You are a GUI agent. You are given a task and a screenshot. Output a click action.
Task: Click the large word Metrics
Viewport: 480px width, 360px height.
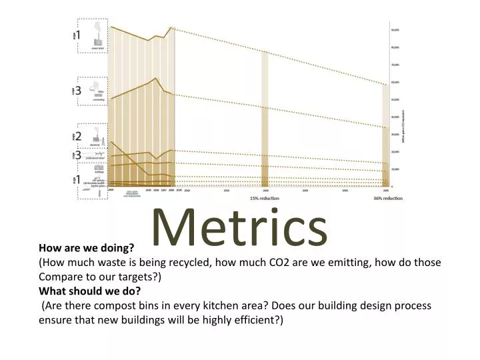click(240, 227)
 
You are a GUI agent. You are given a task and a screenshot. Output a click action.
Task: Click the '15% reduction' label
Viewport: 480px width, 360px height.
click(265, 199)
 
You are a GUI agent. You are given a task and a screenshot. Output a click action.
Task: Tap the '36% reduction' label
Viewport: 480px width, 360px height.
click(388, 199)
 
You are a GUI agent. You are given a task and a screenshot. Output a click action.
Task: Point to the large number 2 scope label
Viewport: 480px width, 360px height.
click(79, 137)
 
